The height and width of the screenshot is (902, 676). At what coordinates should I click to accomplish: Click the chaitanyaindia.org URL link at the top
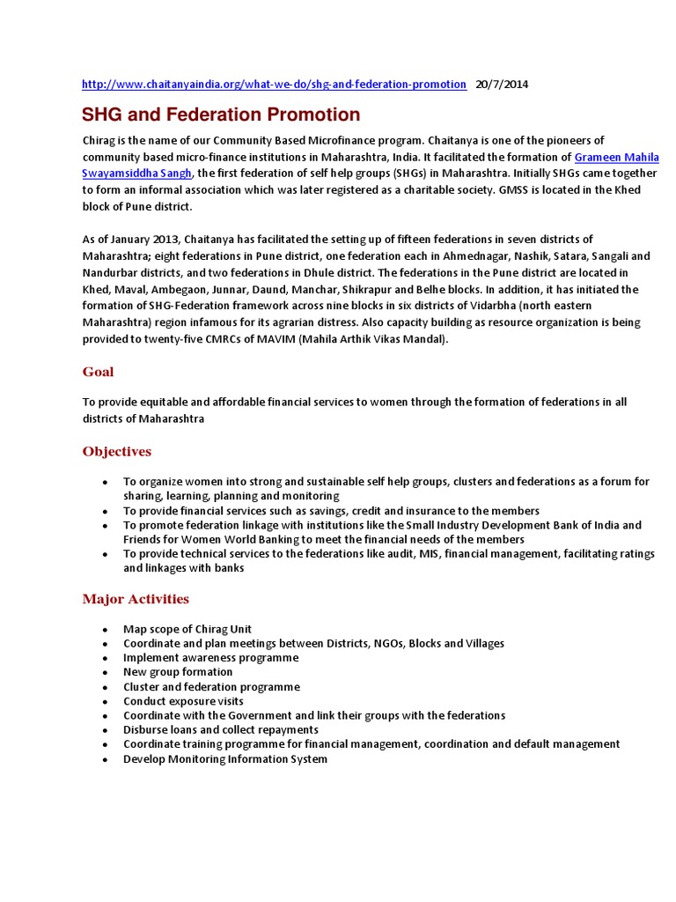[x=274, y=85]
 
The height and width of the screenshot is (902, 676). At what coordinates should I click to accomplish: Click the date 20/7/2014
[x=502, y=85]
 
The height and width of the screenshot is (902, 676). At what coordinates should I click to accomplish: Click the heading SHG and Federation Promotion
[x=221, y=115]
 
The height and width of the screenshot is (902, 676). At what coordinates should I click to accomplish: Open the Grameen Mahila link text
[x=616, y=157]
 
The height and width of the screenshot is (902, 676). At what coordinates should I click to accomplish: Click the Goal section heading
[x=98, y=372]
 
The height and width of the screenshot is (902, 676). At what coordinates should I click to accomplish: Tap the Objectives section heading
[x=117, y=452]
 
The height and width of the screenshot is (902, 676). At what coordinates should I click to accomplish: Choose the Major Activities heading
[x=136, y=599]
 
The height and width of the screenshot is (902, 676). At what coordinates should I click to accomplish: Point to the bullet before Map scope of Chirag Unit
[x=105, y=630]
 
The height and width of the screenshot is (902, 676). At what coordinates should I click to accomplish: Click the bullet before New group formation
[x=105, y=673]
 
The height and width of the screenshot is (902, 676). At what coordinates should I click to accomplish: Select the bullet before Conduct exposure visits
[x=105, y=702]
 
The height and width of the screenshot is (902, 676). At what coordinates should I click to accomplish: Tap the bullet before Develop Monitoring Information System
[x=105, y=759]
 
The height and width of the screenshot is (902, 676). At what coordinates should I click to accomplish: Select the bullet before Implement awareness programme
[x=105, y=659]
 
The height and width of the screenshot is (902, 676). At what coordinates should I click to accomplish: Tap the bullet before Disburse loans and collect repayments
[x=105, y=730]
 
